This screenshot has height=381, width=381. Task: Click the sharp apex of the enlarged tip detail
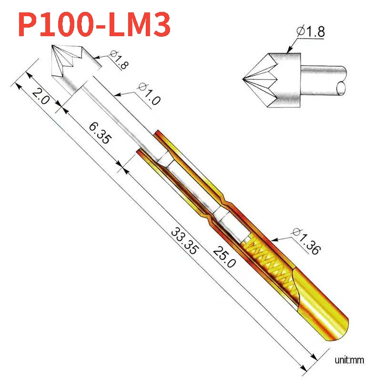[x=243, y=78]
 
